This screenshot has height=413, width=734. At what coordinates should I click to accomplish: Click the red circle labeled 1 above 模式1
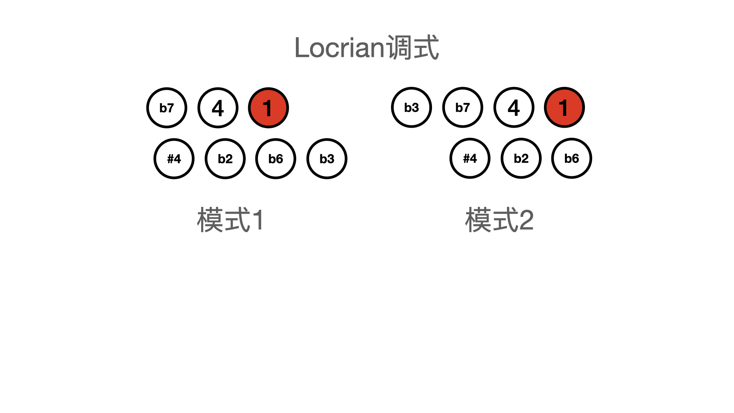(x=268, y=108)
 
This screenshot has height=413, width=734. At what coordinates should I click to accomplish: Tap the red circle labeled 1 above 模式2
(x=564, y=107)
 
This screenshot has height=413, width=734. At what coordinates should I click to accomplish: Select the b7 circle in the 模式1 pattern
(x=167, y=108)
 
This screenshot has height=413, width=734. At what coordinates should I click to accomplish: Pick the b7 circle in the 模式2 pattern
(x=463, y=107)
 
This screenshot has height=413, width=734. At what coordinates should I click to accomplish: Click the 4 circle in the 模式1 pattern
(x=218, y=108)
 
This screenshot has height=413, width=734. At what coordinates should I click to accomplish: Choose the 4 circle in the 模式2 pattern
(x=514, y=107)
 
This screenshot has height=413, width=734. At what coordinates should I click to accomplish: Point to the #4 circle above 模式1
(x=174, y=159)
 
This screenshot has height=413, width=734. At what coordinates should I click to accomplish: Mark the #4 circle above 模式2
(x=470, y=158)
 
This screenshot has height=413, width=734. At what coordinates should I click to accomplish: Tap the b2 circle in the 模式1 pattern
(x=225, y=159)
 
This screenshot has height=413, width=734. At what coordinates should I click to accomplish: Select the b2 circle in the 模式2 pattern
(x=521, y=158)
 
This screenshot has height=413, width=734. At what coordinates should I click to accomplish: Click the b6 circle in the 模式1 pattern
(x=276, y=159)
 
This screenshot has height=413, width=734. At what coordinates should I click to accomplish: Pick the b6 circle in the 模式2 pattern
(x=572, y=158)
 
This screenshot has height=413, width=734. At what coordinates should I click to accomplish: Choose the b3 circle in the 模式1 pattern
(x=327, y=159)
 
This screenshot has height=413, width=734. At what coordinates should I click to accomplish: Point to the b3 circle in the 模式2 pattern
(x=411, y=107)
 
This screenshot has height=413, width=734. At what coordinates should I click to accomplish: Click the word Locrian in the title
(x=340, y=48)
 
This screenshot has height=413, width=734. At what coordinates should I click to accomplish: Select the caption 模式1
(x=230, y=220)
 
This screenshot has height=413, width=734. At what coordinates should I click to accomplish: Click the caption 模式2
(x=499, y=220)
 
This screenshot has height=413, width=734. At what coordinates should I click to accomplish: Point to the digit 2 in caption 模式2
(x=526, y=220)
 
